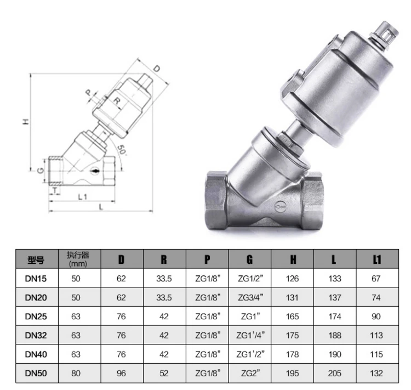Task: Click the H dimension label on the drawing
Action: (x=26, y=122)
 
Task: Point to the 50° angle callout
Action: (x=122, y=150)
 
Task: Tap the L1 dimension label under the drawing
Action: (x=83, y=196)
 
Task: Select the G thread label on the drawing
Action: (x=41, y=171)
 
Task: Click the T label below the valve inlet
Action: (x=55, y=190)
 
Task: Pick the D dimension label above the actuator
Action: (x=156, y=69)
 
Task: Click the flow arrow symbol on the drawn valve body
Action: (x=95, y=171)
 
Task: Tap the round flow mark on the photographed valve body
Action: (x=280, y=206)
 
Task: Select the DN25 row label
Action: (x=36, y=316)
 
